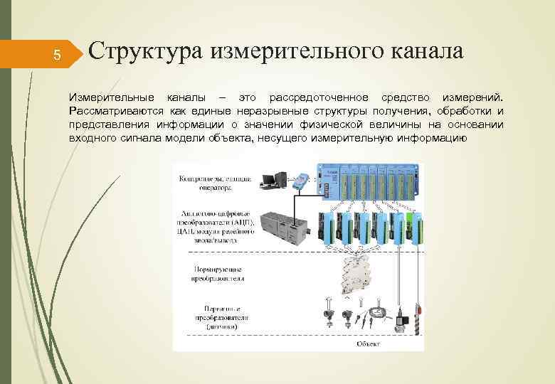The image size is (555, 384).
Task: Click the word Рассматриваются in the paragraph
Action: pyautogui.click(x=115, y=111)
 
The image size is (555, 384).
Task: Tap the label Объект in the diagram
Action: pyautogui.click(x=371, y=344)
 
